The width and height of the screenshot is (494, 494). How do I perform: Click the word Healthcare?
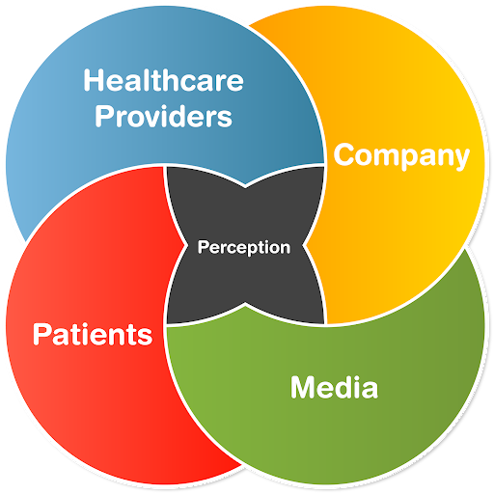tap(163, 80)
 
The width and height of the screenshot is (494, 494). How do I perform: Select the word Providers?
tap(163, 116)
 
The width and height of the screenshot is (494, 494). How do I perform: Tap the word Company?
tap(401, 156)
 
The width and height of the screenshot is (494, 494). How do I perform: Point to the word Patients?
tap(93, 334)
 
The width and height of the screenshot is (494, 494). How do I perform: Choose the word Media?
tap(334, 387)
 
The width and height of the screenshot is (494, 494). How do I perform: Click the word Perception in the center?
tap(244, 248)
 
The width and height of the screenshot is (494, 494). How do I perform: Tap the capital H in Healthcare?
tap(94, 80)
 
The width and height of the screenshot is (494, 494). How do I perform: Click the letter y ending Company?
tap(460, 159)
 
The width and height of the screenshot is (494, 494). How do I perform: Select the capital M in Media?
tap(303, 387)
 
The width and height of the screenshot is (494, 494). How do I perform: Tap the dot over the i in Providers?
tap(166, 107)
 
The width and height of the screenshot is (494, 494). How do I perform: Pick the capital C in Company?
tap(344, 154)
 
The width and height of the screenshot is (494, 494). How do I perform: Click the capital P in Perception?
tap(203, 247)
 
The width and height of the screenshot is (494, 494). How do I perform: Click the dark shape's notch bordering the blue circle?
tap(245, 186)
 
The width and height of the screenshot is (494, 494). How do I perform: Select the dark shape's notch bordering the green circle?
tap(245, 304)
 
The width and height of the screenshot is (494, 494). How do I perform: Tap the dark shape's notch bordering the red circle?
tap(186, 246)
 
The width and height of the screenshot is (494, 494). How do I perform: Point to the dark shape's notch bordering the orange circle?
tap(304, 246)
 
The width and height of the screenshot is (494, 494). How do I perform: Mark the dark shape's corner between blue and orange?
tap(323, 167)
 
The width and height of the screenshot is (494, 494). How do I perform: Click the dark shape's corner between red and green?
tap(167, 323)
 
